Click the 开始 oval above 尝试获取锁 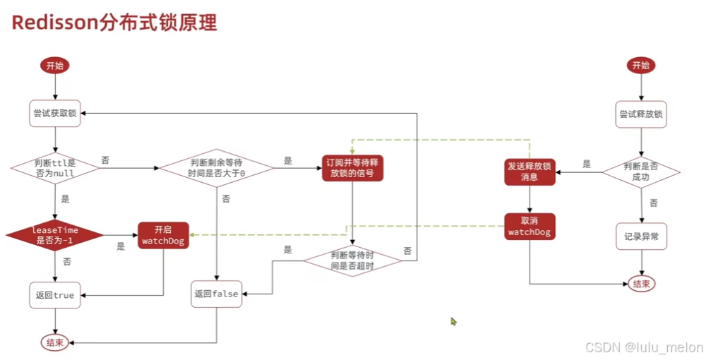(x=55, y=66)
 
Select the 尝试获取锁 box (x=55, y=113)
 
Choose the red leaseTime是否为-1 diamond (x=55, y=235)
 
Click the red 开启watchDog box (x=163, y=235)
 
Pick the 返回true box (x=55, y=295)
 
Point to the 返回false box (x=216, y=294)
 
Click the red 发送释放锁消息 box (x=529, y=171)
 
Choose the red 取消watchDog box (x=529, y=226)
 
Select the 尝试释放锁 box (x=640, y=113)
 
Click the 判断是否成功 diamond (x=640, y=169)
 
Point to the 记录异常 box (x=640, y=236)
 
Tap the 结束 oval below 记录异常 (x=640, y=284)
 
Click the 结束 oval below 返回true (x=55, y=342)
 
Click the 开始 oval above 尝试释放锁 (x=640, y=66)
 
